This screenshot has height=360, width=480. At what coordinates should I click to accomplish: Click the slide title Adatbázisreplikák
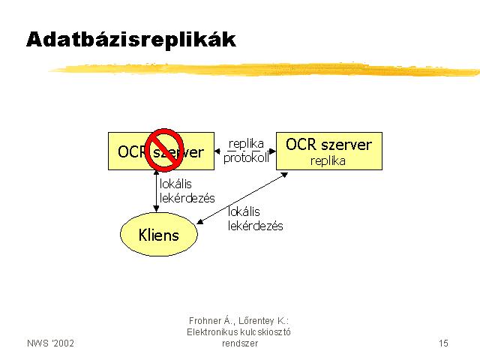coord(131,40)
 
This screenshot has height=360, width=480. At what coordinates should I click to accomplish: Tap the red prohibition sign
coord(164,150)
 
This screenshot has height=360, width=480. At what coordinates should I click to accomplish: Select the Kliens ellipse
coord(158,234)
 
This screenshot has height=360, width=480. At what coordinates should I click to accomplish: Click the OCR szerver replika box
coord(329,151)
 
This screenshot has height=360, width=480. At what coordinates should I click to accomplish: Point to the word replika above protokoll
coord(246,143)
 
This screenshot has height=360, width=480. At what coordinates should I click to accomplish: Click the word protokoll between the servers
coord(246,158)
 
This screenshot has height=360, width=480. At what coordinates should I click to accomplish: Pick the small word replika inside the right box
coord(328,161)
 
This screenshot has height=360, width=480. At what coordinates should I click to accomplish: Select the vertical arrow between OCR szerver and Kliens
coord(156,191)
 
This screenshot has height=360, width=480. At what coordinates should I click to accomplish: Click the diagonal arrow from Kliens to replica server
coord(241,198)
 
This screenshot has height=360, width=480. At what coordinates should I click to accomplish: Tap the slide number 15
coord(443,343)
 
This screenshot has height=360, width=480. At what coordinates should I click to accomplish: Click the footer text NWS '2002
coord(50,343)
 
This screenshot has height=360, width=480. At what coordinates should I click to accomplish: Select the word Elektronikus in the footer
coord(211,332)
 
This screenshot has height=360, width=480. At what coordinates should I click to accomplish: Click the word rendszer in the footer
coord(240,343)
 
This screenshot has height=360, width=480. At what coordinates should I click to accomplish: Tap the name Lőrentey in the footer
coord(256,321)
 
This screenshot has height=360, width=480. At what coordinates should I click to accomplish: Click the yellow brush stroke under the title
coord(265,69)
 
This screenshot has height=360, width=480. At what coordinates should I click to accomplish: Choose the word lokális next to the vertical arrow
coord(175,184)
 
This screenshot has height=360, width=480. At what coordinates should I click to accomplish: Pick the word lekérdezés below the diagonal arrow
coord(255,226)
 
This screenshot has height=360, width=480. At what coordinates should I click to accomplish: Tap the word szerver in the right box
coord(346,145)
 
